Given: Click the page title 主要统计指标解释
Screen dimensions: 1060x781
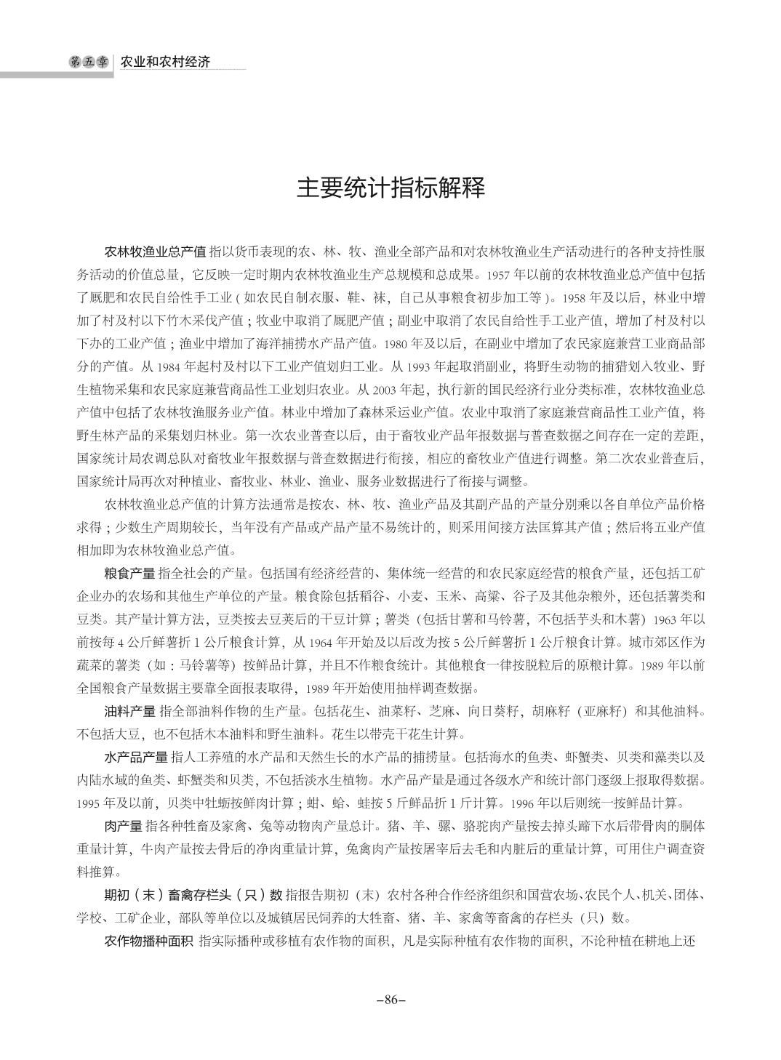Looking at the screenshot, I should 390,188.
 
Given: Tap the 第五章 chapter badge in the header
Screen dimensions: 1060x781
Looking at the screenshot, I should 87,62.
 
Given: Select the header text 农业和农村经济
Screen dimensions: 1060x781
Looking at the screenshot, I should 165,62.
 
